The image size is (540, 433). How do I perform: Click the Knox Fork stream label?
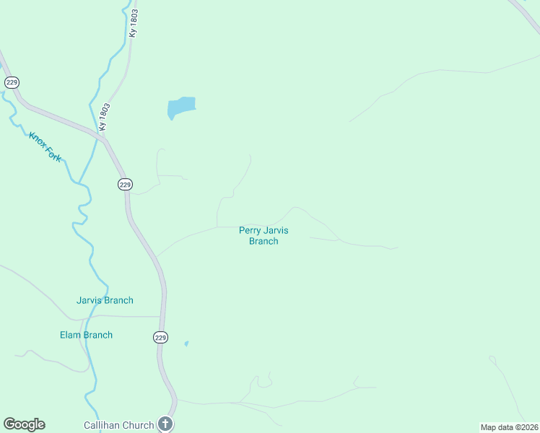(45, 146)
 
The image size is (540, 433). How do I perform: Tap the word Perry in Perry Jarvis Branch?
(250, 231)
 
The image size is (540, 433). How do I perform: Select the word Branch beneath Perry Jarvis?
(264, 241)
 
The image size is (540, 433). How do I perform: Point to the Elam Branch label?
(86, 335)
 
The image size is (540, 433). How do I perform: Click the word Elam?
(71, 335)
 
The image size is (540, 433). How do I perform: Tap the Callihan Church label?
(118, 425)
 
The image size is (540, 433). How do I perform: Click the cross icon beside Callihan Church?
(165, 424)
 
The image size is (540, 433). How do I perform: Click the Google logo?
(24, 424)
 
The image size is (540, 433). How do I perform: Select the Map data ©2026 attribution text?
(510, 427)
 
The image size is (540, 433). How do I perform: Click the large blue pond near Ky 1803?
(181, 108)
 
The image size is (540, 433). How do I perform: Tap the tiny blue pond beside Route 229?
(186, 344)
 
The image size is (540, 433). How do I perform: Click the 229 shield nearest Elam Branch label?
(160, 337)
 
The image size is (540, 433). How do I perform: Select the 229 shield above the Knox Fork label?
(11, 82)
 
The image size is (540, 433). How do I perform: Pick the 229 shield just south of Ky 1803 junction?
(125, 185)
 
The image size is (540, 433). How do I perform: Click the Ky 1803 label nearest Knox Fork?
(105, 116)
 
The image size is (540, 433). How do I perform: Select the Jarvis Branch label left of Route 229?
(105, 300)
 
